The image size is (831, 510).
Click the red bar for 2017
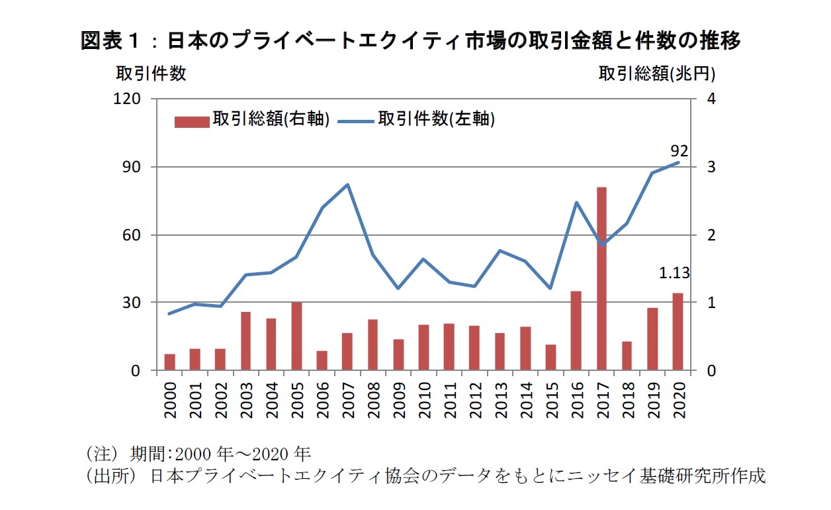(601, 278)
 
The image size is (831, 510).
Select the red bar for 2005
(296, 336)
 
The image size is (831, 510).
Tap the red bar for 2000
(170, 362)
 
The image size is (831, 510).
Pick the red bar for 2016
(576, 330)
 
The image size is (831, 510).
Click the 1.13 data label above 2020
(674, 272)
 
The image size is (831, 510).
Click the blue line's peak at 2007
(348, 185)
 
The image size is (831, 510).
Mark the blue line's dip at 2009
(398, 288)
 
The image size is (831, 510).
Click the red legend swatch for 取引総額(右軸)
(192, 122)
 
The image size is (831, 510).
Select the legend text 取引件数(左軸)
(437, 119)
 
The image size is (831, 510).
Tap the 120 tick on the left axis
(130, 99)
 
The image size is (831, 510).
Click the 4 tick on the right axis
(711, 99)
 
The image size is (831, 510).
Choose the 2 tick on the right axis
(711, 234)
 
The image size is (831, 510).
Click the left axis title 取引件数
(152, 74)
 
